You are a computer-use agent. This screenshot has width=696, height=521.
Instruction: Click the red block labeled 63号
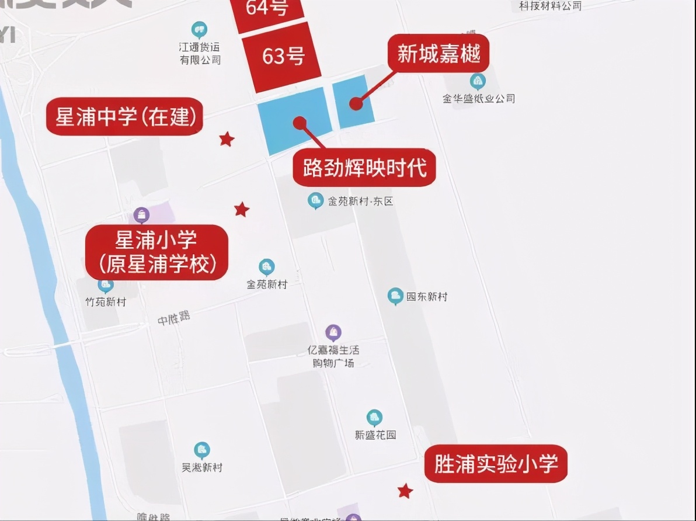click(283, 56)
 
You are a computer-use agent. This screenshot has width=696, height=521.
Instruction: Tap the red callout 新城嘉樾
click(439, 54)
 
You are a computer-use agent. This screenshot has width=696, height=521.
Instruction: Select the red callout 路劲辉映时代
click(364, 168)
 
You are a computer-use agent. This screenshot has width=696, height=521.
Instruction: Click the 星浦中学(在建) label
click(125, 117)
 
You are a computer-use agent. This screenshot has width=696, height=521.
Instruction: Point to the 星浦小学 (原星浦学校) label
click(156, 252)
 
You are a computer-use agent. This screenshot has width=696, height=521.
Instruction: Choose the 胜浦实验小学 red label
click(496, 464)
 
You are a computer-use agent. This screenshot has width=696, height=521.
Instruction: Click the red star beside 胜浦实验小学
click(405, 491)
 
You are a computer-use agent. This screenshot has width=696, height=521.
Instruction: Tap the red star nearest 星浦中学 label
click(227, 139)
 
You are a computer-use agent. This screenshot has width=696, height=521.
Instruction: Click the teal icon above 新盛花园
click(374, 418)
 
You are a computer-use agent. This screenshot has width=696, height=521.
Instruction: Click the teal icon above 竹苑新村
click(106, 286)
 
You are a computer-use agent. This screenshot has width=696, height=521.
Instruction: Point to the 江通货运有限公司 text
click(200, 53)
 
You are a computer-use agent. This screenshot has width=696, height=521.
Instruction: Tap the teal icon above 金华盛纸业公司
click(478, 81)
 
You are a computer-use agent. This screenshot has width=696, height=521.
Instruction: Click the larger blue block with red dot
click(294, 121)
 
